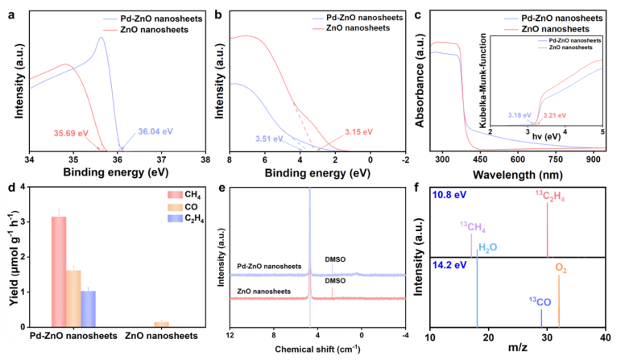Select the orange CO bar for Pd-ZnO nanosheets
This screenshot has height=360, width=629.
click(x=73, y=297)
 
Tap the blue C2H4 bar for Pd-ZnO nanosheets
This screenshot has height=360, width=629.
click(x=88, y=308)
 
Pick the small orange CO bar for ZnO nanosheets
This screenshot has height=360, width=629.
click(x=162, y=323)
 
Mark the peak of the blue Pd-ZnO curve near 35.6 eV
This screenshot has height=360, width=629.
click(x=101, y=37)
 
